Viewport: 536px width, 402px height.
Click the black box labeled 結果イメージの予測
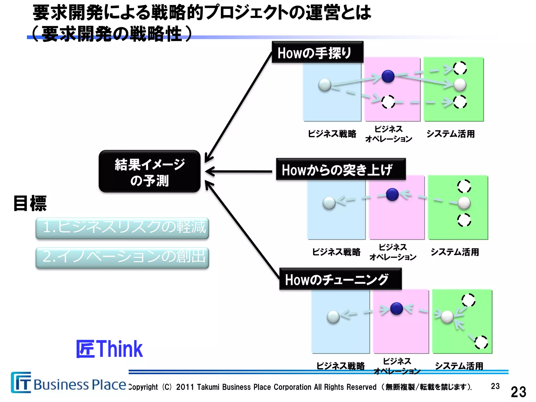(149, 171)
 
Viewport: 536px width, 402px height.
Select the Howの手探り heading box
(317, 52)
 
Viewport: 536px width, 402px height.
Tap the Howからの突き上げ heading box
(340, 169)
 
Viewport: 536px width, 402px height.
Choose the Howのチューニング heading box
(340, 279)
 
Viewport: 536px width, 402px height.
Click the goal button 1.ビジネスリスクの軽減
(122, 228)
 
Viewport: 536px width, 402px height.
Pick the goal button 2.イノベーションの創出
(122, 257)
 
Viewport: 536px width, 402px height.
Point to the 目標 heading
(30, 203)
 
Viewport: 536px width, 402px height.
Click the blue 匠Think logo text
(109, 349)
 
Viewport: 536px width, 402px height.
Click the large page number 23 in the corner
(518, 392)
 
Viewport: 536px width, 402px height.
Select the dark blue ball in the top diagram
(388, 76)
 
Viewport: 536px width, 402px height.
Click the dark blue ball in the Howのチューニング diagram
(397, 309)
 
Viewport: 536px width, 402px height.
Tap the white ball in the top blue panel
(325, 85)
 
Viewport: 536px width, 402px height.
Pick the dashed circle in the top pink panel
(388, 102)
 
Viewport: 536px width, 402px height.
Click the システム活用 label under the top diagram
(450, 134)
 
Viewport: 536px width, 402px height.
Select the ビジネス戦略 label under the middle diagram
(336, 252)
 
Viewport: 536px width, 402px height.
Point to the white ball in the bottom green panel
(447, 317)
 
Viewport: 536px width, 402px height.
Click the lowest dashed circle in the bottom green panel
(481, 342)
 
